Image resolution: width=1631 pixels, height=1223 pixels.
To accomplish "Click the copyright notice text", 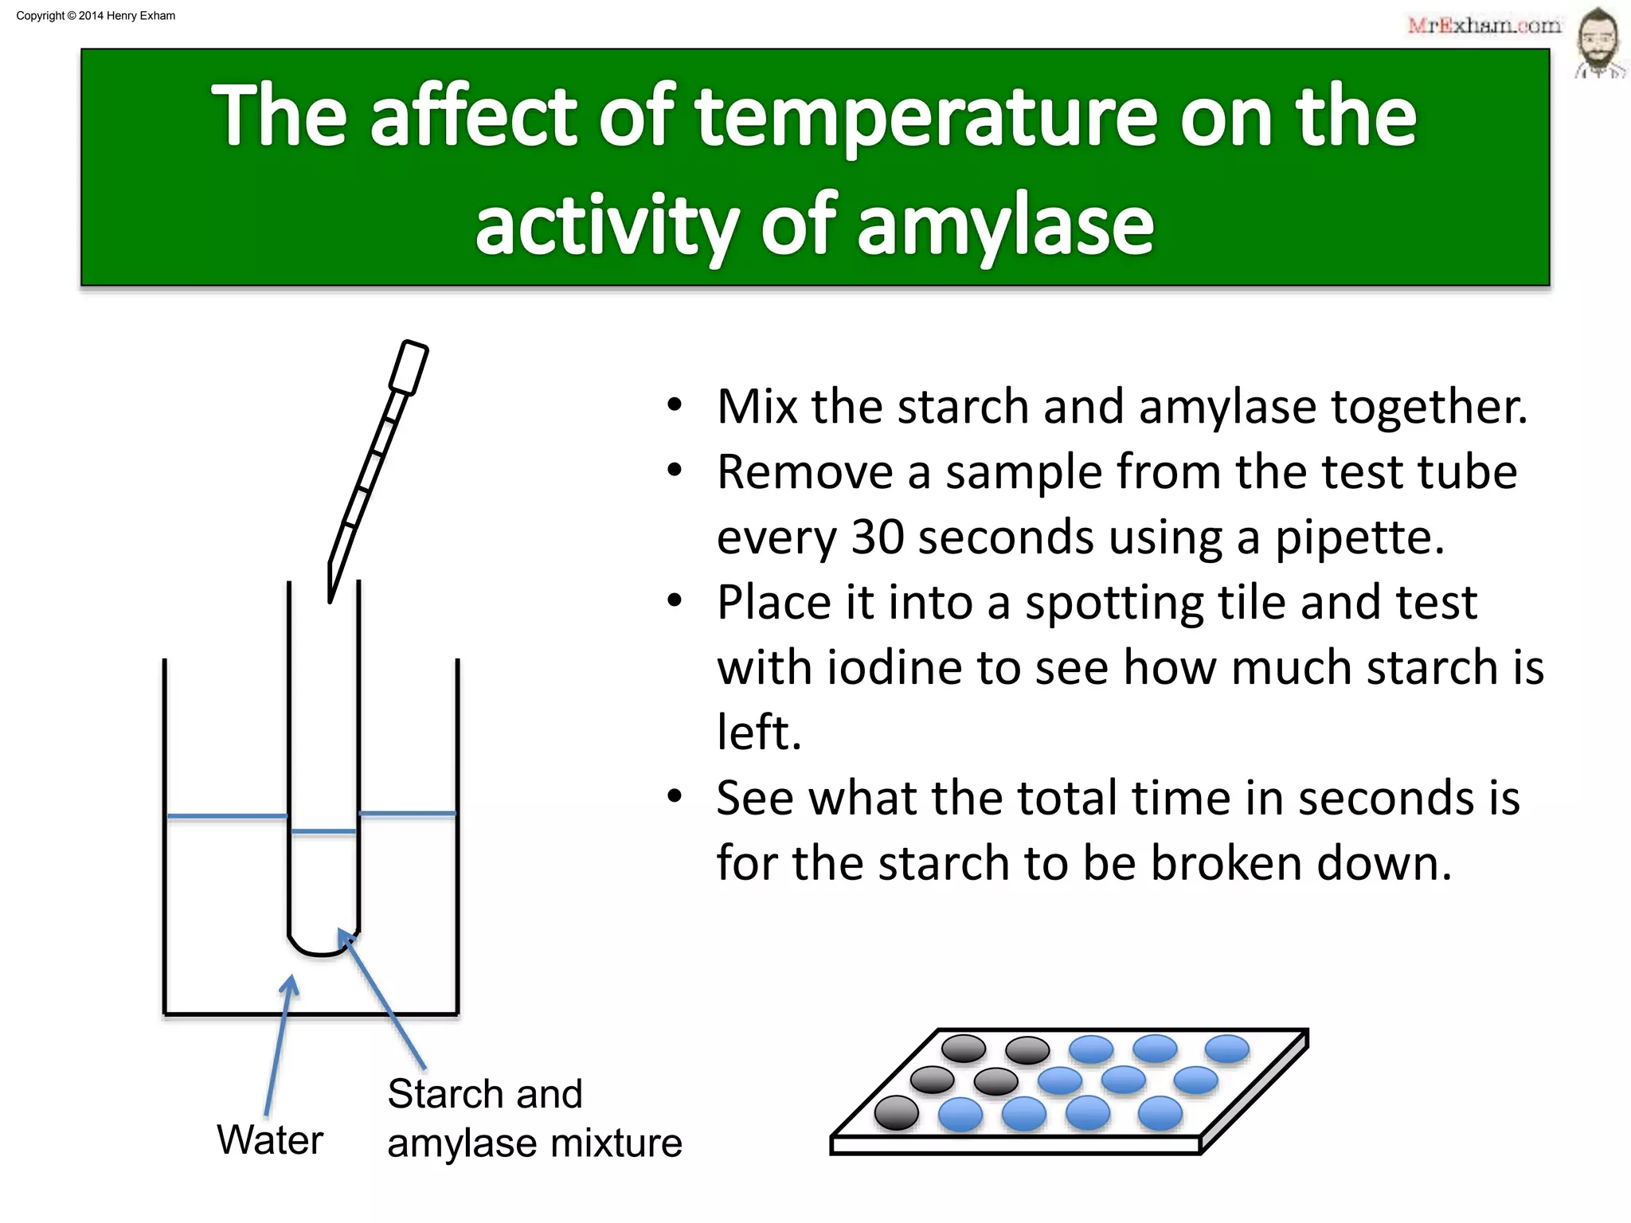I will (x=96, y=16).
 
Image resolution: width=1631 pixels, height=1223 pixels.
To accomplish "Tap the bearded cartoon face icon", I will (x=1598, y=41).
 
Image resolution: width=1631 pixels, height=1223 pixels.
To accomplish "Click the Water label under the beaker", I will (x=270, y=1139).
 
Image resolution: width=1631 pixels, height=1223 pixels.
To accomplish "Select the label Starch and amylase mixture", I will (x=534, y=1119).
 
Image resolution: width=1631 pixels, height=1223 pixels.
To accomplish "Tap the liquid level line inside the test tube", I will (x=323, y=831).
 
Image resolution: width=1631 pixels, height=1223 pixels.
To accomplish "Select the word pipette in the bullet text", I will (x=1359, y=537).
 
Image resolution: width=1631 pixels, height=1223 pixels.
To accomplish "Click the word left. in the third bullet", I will (x=758, y=732).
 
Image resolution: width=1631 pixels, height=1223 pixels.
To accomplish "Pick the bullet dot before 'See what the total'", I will (x=675, y=796).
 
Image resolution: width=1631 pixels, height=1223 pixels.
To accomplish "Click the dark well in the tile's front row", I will (x=897, y=1112).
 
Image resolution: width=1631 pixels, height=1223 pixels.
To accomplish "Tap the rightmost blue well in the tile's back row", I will (x=1227, y=1049).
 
